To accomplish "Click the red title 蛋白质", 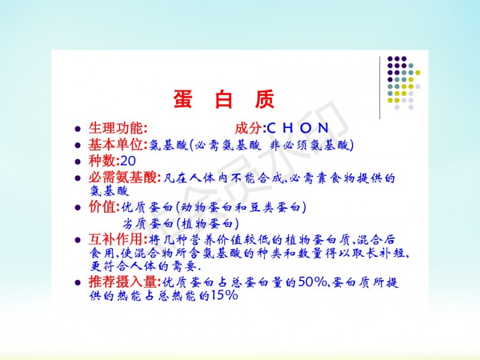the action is pos(223,99).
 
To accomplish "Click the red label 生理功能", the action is pos(116,128).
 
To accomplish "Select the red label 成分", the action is pos(248,128).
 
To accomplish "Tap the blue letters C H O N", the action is pos(298,128).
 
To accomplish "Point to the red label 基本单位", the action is pos(116,145).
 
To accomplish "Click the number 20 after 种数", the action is pos(128,161).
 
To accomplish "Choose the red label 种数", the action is pos(102,161).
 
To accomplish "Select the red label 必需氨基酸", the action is pos(123,177).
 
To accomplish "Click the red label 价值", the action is pos(102,207).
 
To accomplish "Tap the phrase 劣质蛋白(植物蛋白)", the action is pos(181,223).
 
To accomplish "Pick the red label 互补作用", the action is pos(116,239).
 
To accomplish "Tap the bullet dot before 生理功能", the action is pos(78,129).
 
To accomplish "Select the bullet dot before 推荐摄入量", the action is pos(78,283).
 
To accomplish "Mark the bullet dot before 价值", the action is pos(78,208).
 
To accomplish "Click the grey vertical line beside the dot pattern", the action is pos(380,87).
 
